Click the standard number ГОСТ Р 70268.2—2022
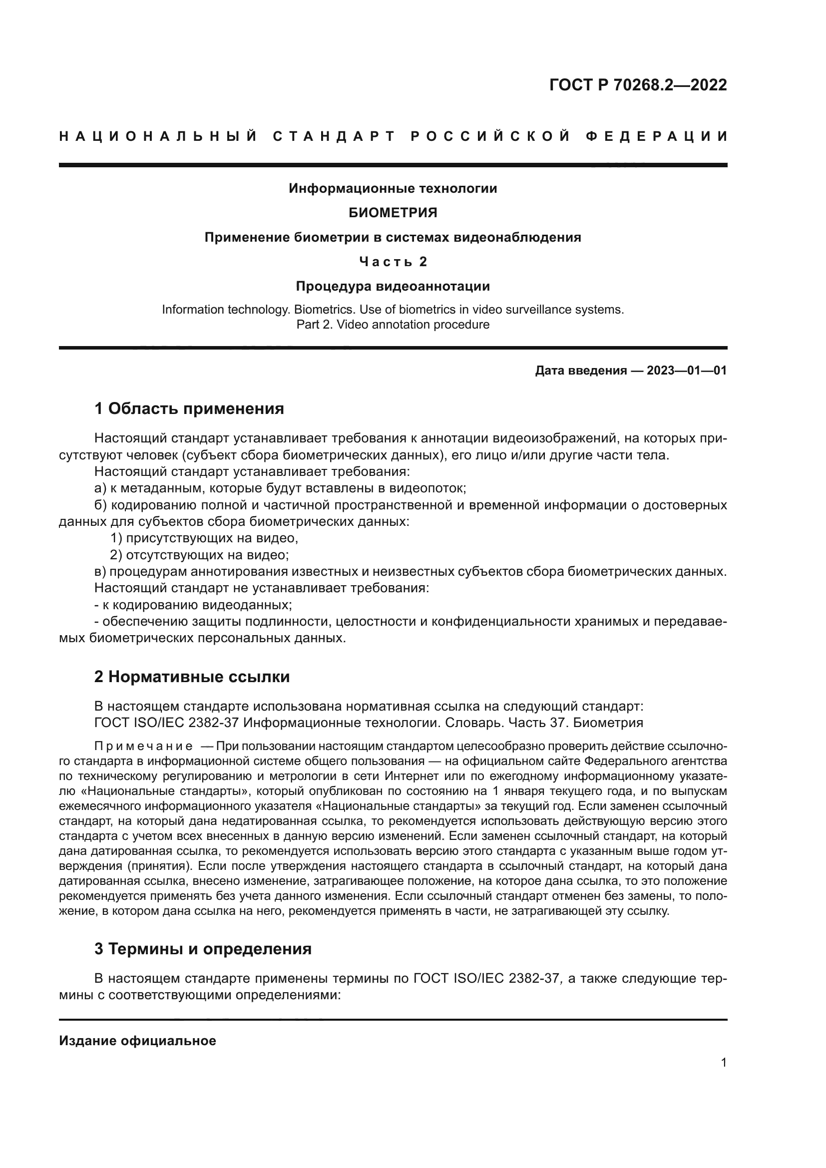pos(638,84)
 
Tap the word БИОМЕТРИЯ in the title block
pos(393,213)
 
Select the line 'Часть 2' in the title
pos(393,262)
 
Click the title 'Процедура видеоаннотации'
pos(393,286)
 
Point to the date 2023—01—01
pos(686,371)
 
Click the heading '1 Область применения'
pos(189,408)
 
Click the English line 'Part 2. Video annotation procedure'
pos(393,325)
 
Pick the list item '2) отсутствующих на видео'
pos(199,554)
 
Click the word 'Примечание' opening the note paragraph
pos(143,746)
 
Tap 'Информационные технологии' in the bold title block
pos(393,188)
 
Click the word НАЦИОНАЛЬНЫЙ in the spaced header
pos(158,136)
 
